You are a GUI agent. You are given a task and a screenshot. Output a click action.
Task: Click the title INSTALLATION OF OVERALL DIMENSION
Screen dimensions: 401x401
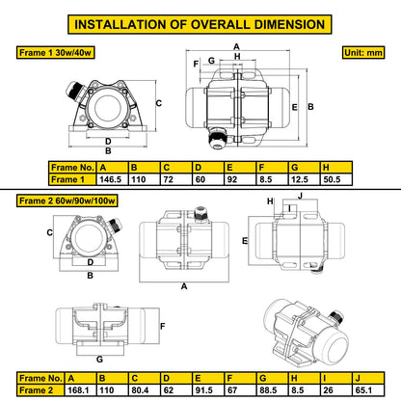click(200, 23)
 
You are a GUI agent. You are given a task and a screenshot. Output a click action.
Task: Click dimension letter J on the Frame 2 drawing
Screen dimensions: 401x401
click(300, 196)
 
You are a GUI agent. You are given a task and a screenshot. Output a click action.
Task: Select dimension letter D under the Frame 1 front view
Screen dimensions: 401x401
click(108, 141)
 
